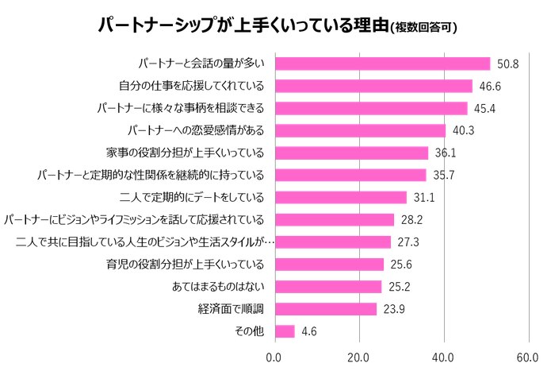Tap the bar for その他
(285, 331)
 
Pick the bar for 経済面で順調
(326, 309)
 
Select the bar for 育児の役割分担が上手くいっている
(330, 264)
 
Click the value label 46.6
(488, 86)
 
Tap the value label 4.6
(309, 331)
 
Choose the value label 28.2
(410, 219)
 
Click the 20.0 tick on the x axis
(359, 357)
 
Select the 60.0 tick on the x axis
(528, 357)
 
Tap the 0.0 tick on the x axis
(274, 357)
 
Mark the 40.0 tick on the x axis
(444, 357)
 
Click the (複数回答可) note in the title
(425, 28)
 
